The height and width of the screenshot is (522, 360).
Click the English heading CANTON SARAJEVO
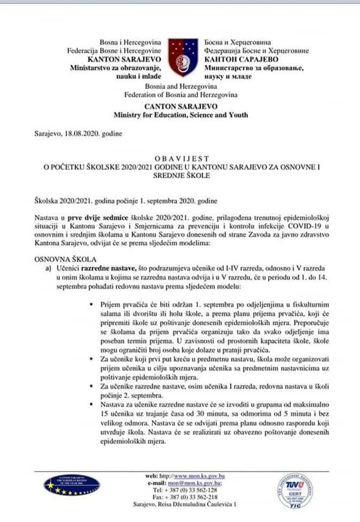(x=180, y=105)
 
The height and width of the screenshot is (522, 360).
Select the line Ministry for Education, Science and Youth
(x=181, y=115)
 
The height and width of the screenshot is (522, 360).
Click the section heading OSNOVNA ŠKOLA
(x=60, y=260)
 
